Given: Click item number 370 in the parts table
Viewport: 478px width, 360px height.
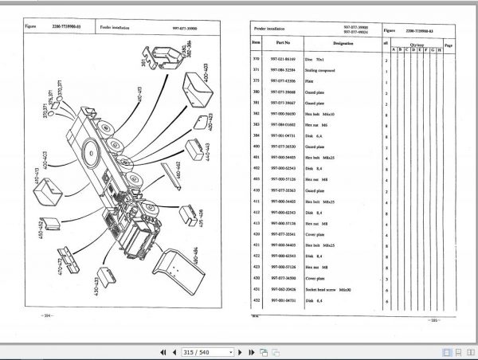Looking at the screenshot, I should coord(257,60).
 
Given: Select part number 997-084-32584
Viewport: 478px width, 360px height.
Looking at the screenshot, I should coord(283,70).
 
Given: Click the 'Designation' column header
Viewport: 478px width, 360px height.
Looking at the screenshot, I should coord(343,45).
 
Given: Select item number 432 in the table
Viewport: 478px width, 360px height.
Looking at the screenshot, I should coord(257,299).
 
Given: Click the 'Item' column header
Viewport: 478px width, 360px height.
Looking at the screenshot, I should coord(257,45).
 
